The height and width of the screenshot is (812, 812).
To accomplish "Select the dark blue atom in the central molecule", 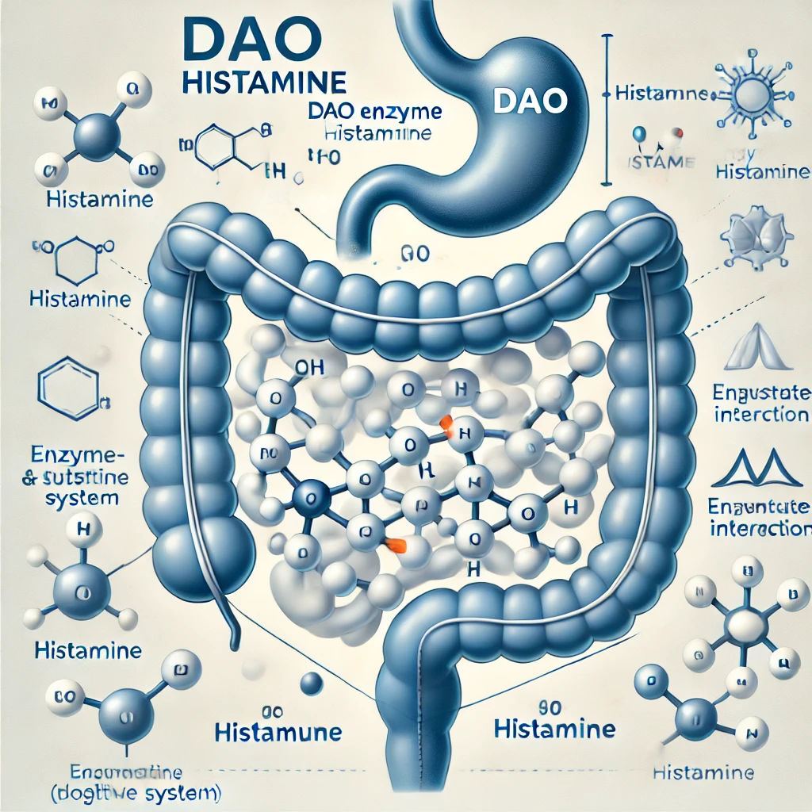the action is point(305,498).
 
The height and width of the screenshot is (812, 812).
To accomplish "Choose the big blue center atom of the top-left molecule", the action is point(98,135).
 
